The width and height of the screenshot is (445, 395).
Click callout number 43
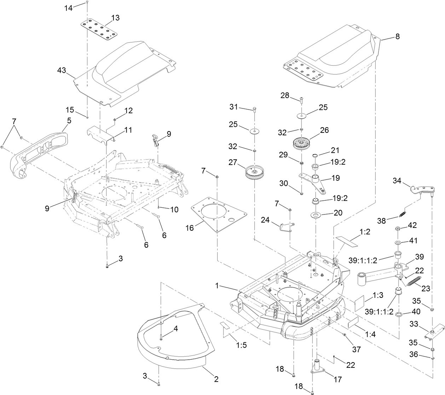click(62, 71)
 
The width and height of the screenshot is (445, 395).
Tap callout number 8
click(398, 36)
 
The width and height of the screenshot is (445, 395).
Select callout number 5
click(69, 120)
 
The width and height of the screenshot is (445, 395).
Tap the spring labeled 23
click(414, 281)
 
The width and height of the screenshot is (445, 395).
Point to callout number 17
click(337, 379)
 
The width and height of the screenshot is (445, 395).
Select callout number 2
click(215, 379)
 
